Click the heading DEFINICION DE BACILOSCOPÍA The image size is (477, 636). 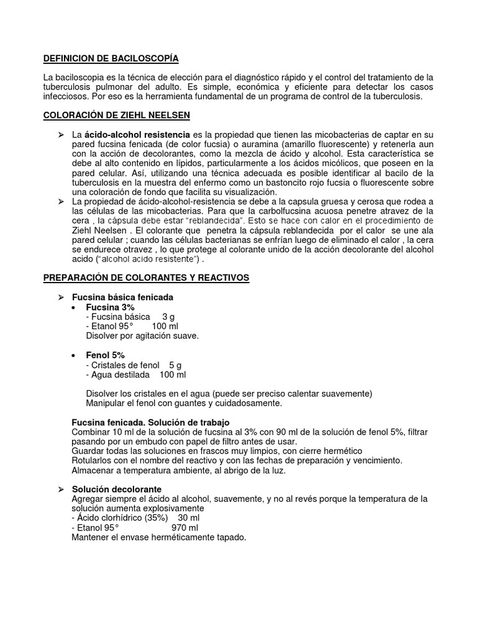click(x=111, y=58)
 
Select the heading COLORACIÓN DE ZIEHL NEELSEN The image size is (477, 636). click(x=117, y=116)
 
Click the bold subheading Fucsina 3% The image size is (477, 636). click(x=110, y=307)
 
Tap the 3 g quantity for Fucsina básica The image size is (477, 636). click(x=168, y=317)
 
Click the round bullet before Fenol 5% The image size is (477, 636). click(x=74, y=355)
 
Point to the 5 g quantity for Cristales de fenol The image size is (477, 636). click(x=175, y=365)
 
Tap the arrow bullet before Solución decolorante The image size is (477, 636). click(x=61, y=489)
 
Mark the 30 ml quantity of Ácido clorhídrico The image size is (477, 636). click(x=188, y=518)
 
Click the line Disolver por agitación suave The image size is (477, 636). click(x=142, y=336)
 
